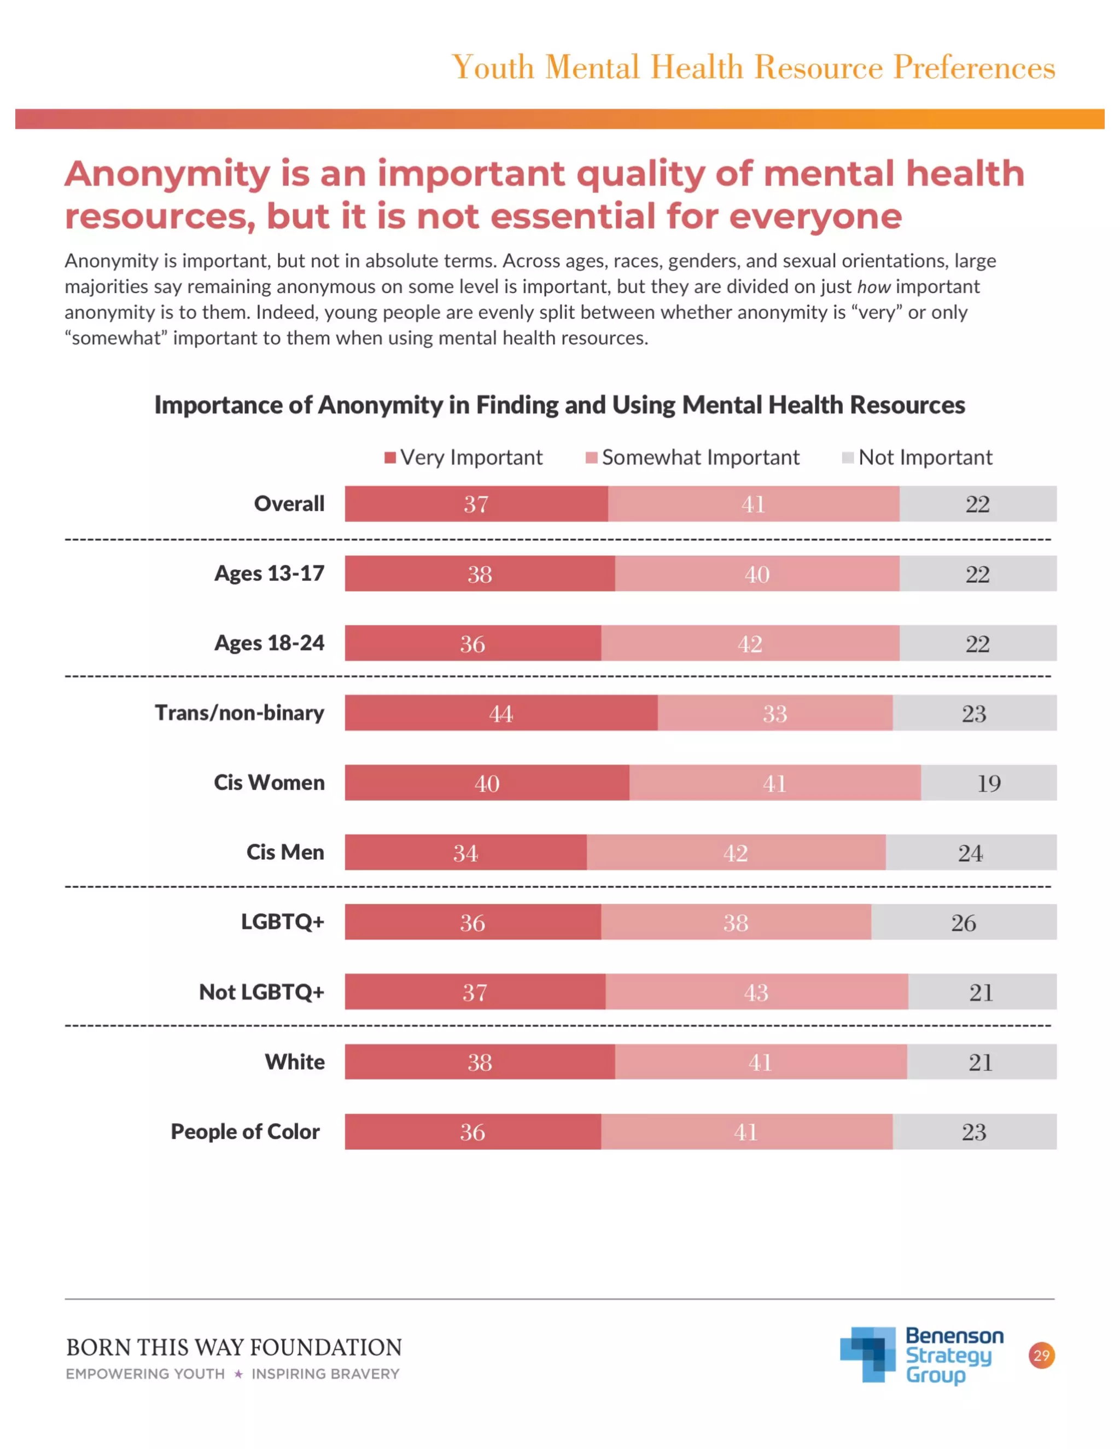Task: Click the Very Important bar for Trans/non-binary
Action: pyautogui.click(x=501, y=713)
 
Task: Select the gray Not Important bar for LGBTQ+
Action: pyautogui.click(x=964, y=922)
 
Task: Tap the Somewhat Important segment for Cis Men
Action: pyautogui.click(x=735, y=852)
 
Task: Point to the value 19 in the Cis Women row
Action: pyautogui.click(x=989, y=783)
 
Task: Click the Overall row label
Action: pyautogui.click(x=289, y=504)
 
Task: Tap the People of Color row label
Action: pyautogui.click(x=245, y=1131)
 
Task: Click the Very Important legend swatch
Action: pyautogui.click(x=390, y=458)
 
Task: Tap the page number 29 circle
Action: pyautogui.click(x=1041, y=1355)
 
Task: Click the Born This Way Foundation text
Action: pyautogui.click(x=234, y=1347)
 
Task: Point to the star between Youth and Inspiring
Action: pyautogui.click(x=238, y=1374)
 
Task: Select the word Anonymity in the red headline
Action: pyautogui.click(x=167, y=174)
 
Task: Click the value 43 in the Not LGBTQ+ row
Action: pyautogui.click(x=756, y=992)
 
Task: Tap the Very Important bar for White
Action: pyautogui.click(x=480, y=1062)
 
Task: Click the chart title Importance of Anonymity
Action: pyautogui.click(x=559, y=405)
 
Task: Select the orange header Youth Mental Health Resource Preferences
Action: pyautogui.click(x=752, y=67)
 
